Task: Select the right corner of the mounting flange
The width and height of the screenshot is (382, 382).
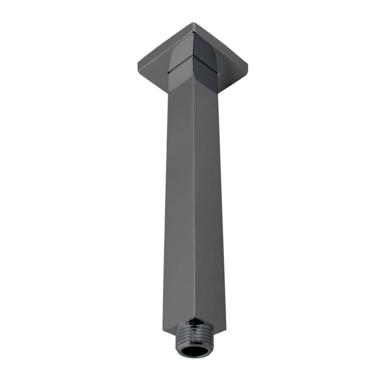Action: pos(247,72)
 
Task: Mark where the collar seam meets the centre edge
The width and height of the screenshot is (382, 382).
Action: pos(193,57)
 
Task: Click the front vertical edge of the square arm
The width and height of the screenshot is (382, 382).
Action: pos(194,202)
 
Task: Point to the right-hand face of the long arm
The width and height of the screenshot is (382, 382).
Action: pos(209,202)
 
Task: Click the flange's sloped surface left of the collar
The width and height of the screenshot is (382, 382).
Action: pos(155,67)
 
